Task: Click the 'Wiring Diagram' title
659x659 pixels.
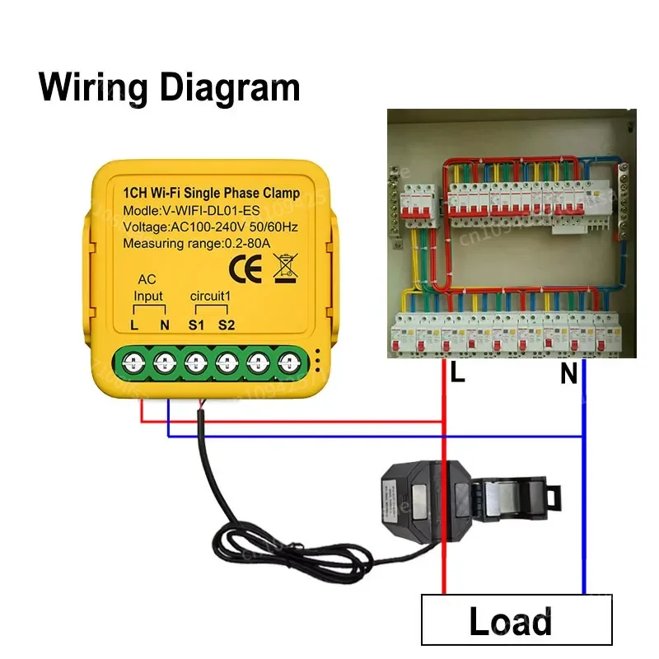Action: point(170,85)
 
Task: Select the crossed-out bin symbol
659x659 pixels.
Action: point(283,267)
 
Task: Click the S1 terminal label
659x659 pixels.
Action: point(196,325)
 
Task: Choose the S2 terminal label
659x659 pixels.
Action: point(227,325)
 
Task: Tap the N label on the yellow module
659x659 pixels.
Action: point(165,325)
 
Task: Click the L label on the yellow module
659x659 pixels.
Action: point(134,325)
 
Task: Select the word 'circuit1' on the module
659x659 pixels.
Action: point(211,297)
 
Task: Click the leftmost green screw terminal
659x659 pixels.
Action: point(134,361)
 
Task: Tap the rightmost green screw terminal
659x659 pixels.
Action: point(288,361)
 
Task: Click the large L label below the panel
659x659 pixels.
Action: point(458,375)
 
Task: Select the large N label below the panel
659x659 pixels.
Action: point(568,375)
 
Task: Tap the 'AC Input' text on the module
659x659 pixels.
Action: point(148,287)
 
